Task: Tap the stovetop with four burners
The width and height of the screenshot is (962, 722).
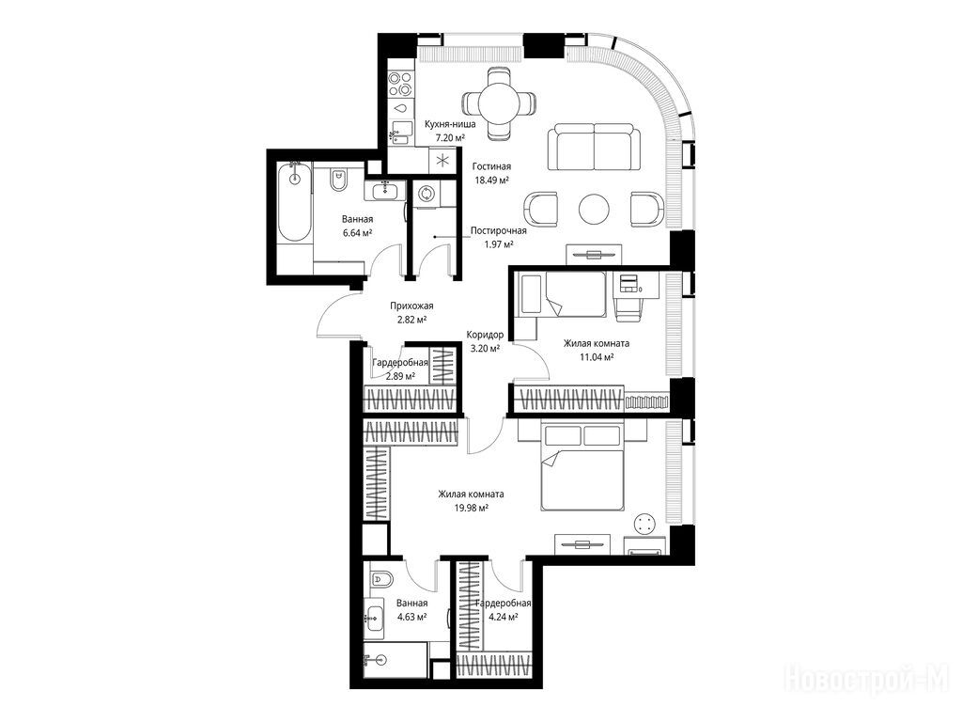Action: pos(400,84)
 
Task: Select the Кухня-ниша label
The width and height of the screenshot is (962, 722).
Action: pos(450,124)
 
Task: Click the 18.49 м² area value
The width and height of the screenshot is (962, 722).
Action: pos(491,180)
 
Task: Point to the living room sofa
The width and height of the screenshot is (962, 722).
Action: pos(594,146)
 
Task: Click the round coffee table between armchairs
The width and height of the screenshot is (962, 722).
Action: pos(594,209)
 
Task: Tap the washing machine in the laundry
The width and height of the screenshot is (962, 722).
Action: pos(425,195)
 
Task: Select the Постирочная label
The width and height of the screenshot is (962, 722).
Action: pos(498,231)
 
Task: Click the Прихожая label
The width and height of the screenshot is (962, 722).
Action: pos(411,306)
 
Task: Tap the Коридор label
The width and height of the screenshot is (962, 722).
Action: pos(485,335)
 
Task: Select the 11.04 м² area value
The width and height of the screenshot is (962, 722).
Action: pos(597,356)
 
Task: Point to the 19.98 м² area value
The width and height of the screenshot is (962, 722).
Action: pos(472,508)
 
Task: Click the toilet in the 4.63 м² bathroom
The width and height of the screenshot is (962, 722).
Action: pos(381,578)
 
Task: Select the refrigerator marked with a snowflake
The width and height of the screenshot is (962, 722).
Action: pos(442,161)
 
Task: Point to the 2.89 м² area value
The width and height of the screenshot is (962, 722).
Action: pos(400,376)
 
